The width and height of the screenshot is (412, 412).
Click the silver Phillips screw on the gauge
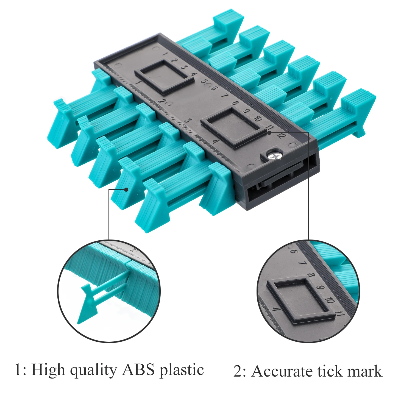(275, 155)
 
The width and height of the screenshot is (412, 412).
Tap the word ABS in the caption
(139, 370)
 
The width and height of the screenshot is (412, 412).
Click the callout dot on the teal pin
(126, 189)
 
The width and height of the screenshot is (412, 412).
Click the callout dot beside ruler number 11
(270, 133)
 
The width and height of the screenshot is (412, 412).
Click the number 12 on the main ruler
(281, 135)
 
